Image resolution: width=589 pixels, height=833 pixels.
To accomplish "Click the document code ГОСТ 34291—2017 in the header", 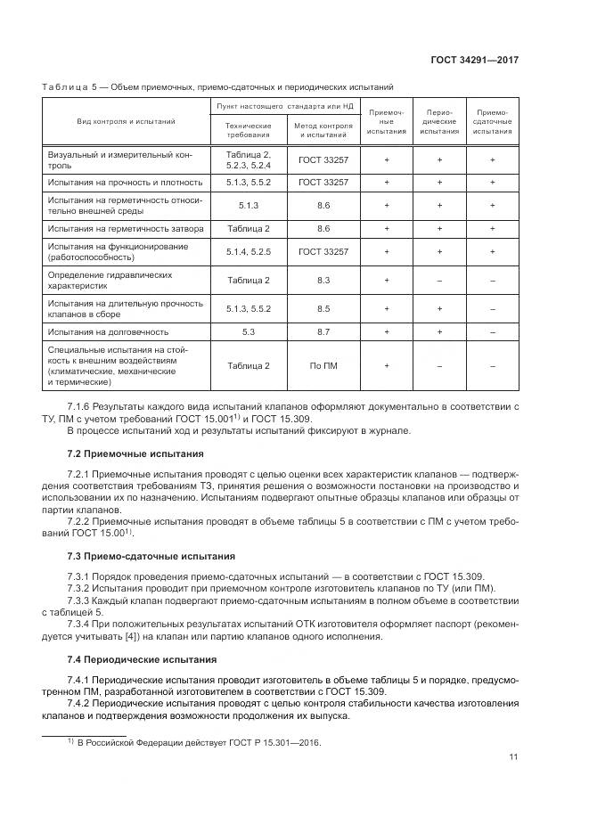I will click(x=476, y=61).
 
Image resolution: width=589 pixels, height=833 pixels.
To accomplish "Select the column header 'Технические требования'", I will click(x=249, y=131).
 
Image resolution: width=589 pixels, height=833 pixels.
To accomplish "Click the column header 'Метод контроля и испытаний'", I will click(x=323, y=131).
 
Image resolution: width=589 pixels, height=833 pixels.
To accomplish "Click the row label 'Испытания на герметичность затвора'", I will click(x=126, y=229).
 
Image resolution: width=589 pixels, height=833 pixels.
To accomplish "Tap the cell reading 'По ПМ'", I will click(x=323, y=365).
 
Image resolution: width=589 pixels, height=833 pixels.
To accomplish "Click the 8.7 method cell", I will click(x=323, y=331).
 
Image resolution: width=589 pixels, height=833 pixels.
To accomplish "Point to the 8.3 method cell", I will click(x=323, y=281).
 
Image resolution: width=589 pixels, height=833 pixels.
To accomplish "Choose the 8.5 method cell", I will click(x=323, y=308).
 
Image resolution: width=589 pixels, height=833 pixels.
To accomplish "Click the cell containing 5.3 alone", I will click(x=249, y=331).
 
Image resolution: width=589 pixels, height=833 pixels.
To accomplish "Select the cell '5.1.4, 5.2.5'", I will click(x=249, y=252).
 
